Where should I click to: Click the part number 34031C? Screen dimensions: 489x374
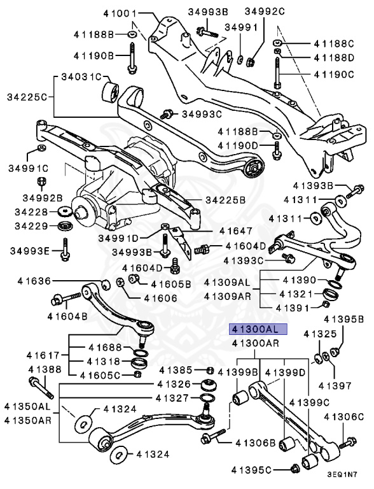(81, 77)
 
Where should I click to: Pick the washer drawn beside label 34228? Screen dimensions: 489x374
(64, 211)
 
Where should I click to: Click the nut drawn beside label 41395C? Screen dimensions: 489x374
(294, 470)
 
